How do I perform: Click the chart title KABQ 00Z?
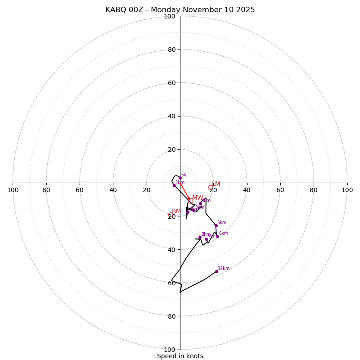coord(180,10)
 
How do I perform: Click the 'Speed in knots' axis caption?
coord(180,356)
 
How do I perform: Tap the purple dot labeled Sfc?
coord(180,178)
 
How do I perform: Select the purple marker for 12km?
coord(216,271)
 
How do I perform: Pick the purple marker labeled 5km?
coord(216,226)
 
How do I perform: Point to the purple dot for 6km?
coord(217,236)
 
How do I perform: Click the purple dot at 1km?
coord(174,185)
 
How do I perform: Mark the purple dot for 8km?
coord(200,237)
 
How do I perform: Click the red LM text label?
coord(216,184)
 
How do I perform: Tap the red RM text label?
coord(176,211)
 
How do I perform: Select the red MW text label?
coord(198,198)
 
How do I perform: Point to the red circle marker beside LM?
coord(210,187)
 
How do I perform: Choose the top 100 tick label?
coord(170,16)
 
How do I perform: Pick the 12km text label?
coord(224,269)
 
